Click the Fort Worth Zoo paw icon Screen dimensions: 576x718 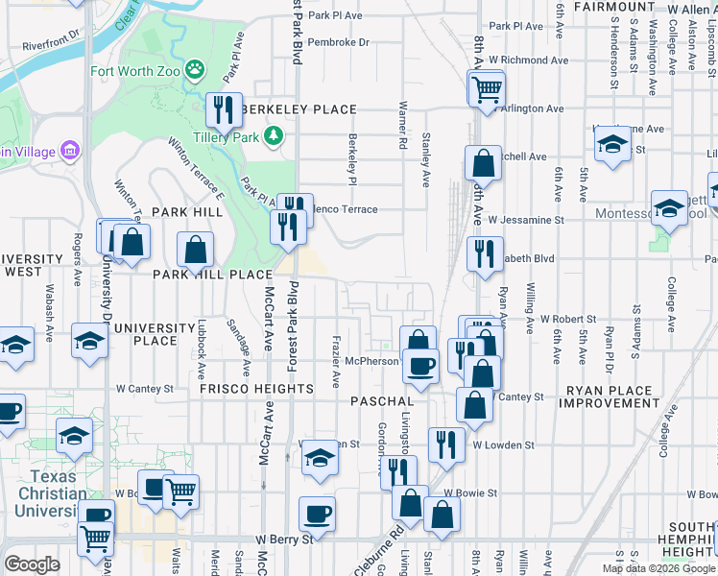(x=196, y=70)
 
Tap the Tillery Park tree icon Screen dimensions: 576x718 (x=274, y=135)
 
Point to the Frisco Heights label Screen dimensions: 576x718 (x=256, y=389)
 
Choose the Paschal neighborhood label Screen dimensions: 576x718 (x=382, y=400)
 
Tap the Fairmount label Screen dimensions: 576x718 (x=614, y=7)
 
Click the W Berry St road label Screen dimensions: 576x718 (x=283, y=540)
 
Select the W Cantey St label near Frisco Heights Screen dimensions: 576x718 (x=145, y=389)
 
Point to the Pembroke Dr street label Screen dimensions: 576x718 (x=339, y=43)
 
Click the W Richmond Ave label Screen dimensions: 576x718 (x=528, y=60)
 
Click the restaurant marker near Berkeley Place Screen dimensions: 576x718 (x=223, y=109)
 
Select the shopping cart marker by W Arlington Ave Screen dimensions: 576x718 (x=487, y=88)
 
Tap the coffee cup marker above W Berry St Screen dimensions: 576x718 (x=316, y=514)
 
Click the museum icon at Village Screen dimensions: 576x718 (x=68, y=151)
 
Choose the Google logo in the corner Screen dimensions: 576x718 (x=33, y=564)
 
